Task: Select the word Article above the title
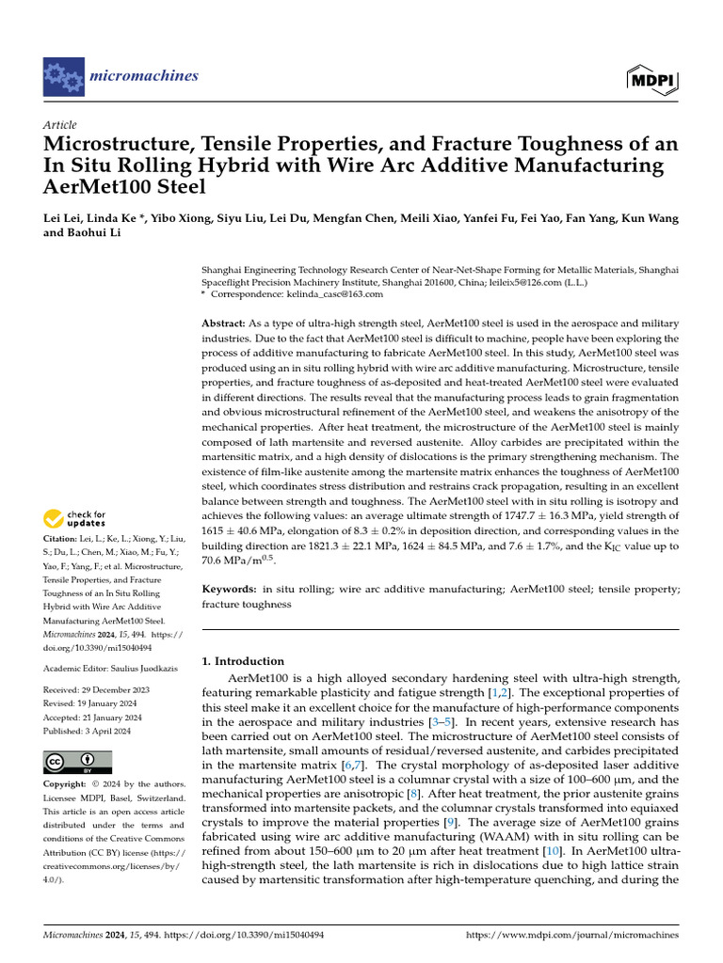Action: click(60, 124)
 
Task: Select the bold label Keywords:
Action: click(231, 588)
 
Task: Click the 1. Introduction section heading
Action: click(243, 661)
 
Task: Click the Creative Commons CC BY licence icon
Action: click(77, 761)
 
